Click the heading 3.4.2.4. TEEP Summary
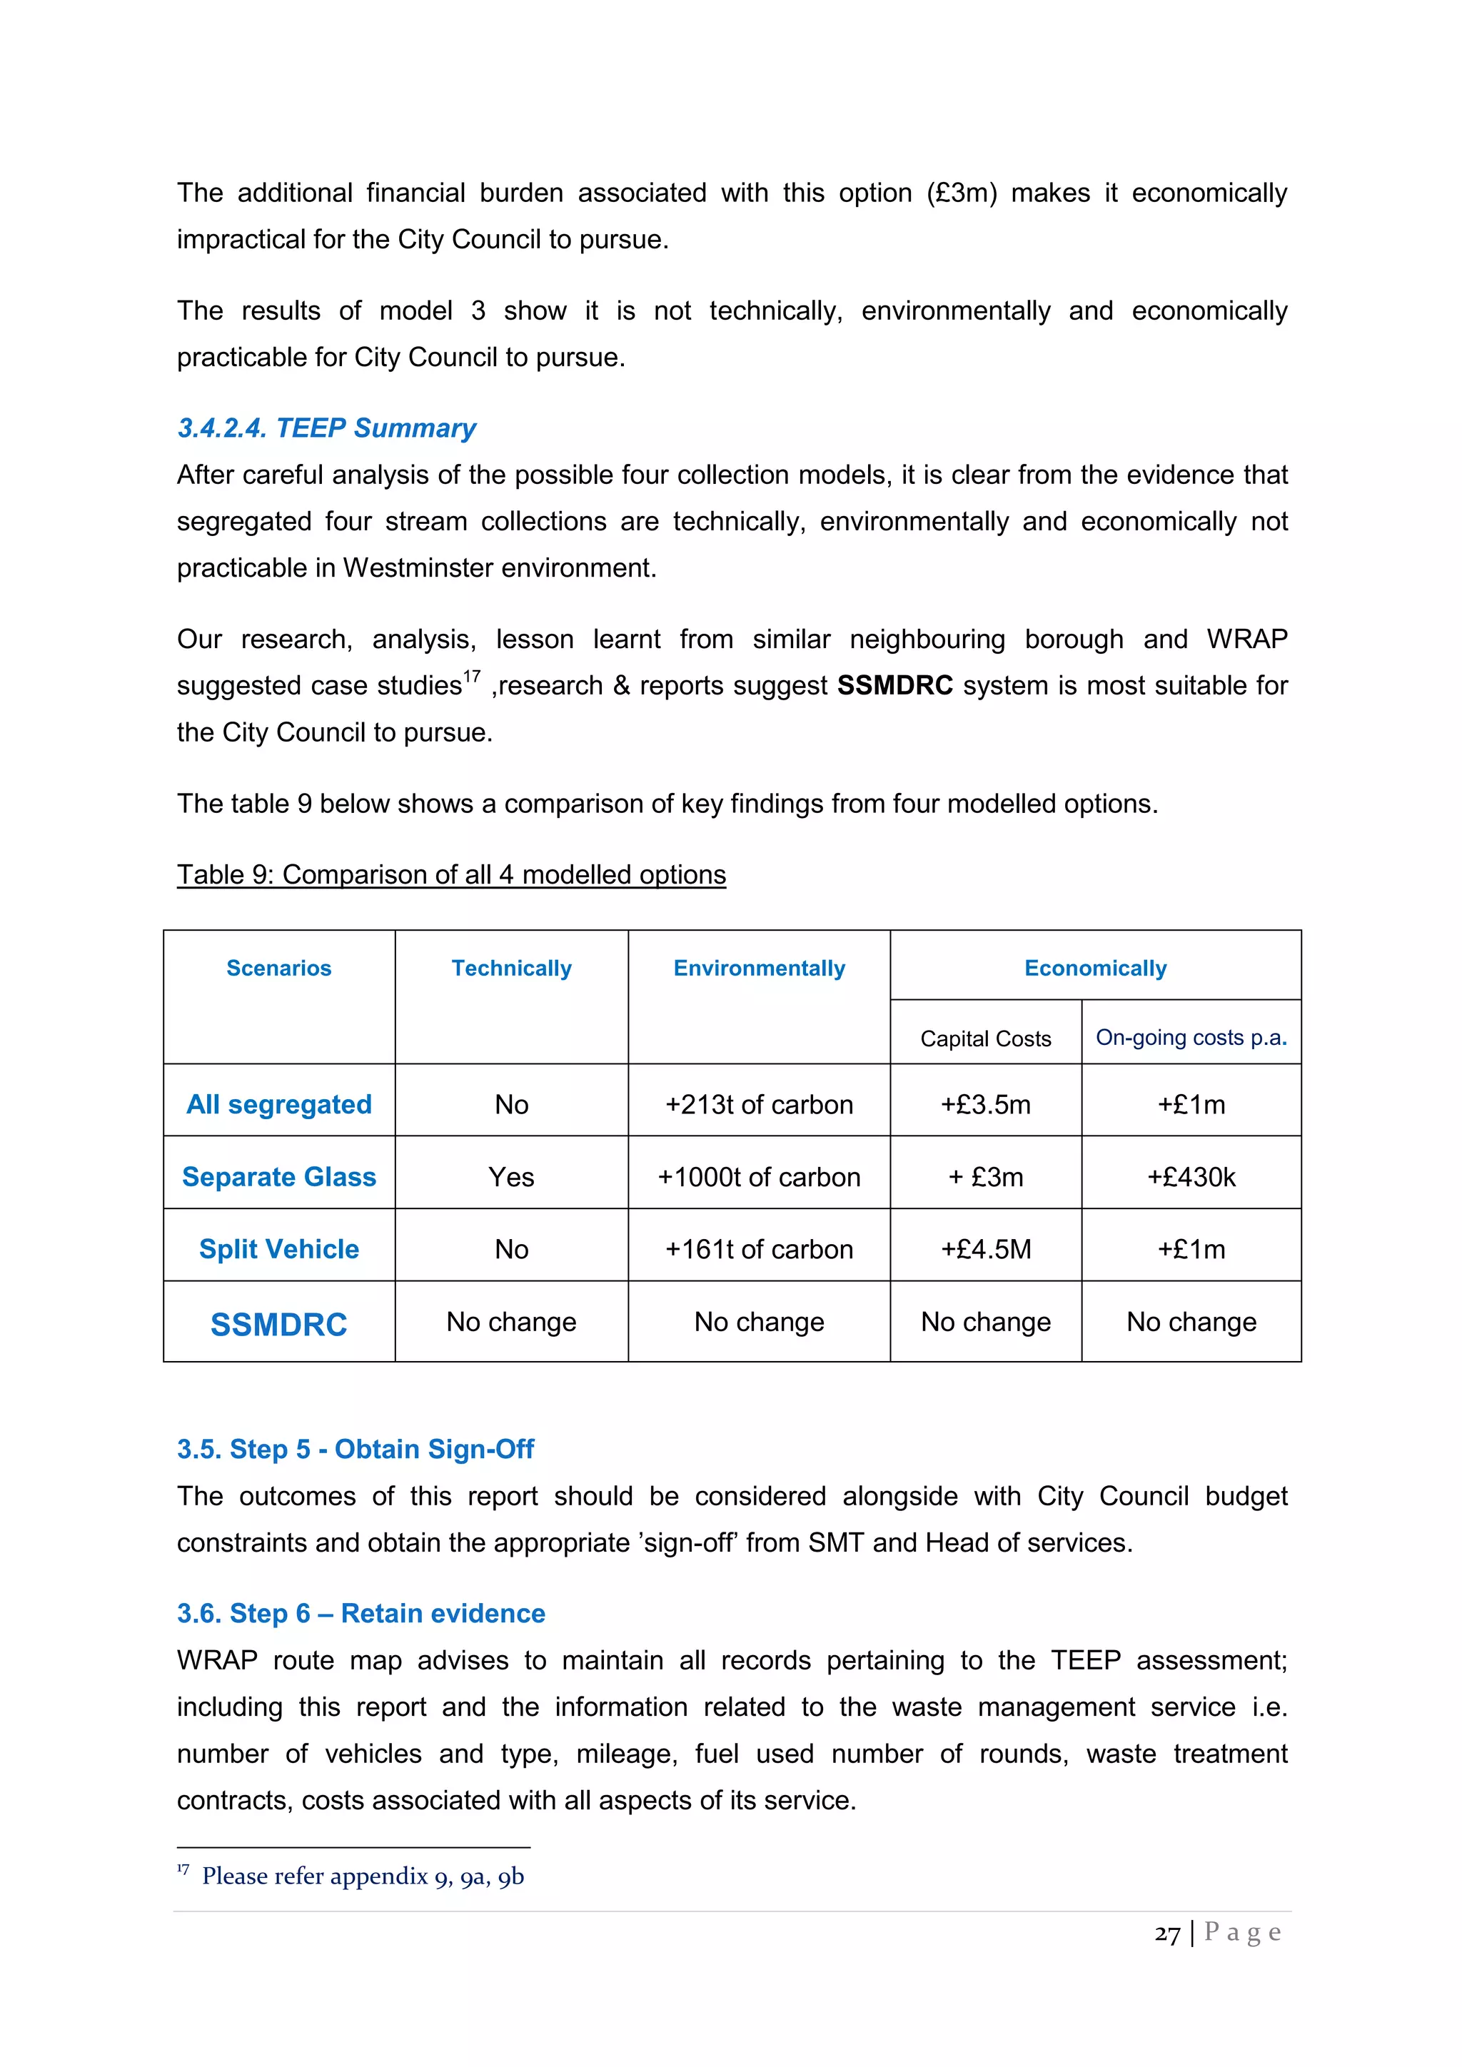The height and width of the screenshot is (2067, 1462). (x=326, y=428)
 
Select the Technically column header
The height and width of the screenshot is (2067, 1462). (x=511, y=968)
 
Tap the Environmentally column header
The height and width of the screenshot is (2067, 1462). (x=759, y=968)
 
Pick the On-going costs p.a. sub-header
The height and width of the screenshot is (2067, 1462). (x=1190, y=1037)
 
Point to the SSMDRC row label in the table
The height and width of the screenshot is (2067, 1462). (x=279, y=1324)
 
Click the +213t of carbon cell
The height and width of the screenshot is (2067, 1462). (x=759, y=1105)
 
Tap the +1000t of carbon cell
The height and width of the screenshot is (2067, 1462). (x=759, y=1177)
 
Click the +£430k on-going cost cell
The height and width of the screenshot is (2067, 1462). (x=1190, y=1177)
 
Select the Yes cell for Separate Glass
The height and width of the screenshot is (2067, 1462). (x=511, y=1177)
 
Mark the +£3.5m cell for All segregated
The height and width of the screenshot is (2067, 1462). (x=986, y=1105)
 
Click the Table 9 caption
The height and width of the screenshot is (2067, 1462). (x=451, y=874)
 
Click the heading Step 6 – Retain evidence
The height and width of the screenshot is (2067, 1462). (x=361, y=1612)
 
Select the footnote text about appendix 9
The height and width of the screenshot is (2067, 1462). (x=362, y=1876)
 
